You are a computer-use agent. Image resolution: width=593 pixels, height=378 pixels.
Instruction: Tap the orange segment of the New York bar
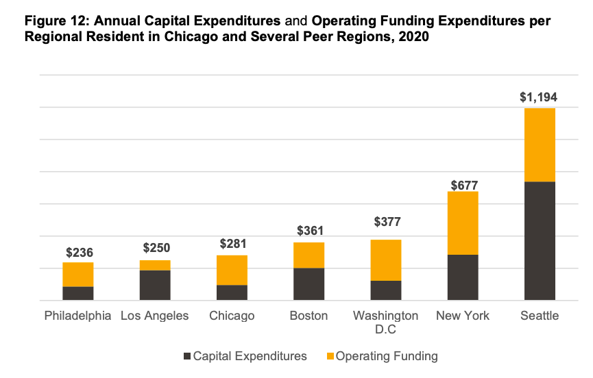tap(463, 223)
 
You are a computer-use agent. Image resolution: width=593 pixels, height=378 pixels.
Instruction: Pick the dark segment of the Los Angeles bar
tap(155, 285)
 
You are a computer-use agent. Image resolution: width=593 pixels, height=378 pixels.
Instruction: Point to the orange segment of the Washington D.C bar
tap(386, 260)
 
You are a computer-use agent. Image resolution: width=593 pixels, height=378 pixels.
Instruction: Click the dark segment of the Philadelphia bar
tap(78, 293)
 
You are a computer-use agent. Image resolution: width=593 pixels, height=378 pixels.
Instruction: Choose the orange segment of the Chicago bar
tap(232, 270)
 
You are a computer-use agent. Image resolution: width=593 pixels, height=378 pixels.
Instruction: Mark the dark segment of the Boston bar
tap(308, 283)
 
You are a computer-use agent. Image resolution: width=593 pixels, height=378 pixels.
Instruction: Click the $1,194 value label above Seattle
tap(538, 97)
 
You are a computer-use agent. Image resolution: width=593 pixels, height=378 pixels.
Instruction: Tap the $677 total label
tap(463, 185)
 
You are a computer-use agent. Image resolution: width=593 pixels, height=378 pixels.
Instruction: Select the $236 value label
tap(80, 253)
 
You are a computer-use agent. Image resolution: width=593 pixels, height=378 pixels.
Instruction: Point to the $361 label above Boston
tap(310, 231)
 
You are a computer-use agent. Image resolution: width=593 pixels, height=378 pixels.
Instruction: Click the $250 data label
tap(156, 249)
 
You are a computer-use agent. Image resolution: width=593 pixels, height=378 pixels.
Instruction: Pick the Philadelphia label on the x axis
tap(77, 316)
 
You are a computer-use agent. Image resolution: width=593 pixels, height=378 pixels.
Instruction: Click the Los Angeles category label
tap(154, 316)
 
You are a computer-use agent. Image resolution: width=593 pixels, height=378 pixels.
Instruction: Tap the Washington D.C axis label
tap(385, 322)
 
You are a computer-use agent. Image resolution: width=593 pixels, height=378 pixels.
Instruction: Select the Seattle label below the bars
tap(540, 316)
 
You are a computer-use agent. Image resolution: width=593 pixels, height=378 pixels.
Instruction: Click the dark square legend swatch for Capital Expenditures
tap(188, 356)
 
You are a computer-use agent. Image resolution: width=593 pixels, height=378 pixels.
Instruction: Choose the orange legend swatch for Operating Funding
tap(331, 356)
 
